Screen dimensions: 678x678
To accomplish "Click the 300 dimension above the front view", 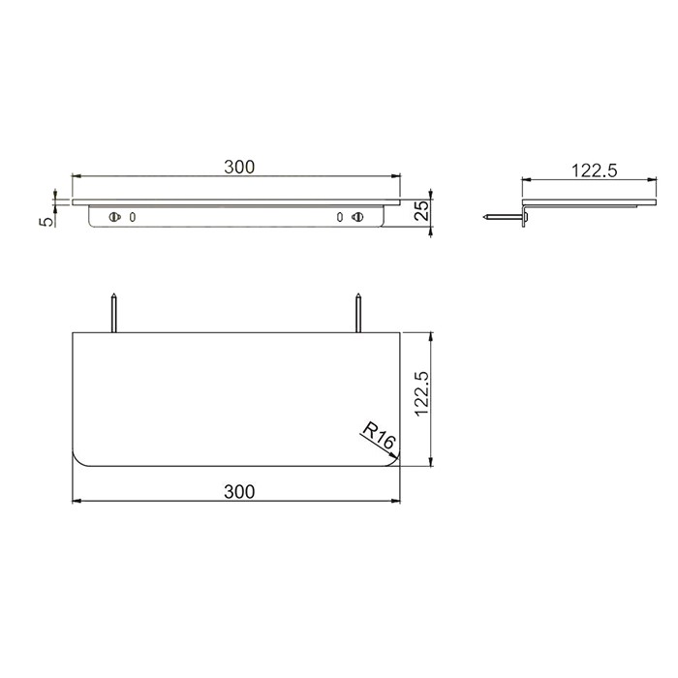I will (x=238, y=167).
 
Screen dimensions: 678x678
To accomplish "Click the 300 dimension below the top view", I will (x=238, y=491).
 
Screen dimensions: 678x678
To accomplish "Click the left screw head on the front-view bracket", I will (x=115, y=218).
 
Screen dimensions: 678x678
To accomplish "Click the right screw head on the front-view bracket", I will (x=358, y=218).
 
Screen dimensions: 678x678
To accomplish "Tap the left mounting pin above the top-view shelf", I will (x=115, y=313).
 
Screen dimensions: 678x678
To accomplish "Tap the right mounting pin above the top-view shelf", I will (x=358, y=313).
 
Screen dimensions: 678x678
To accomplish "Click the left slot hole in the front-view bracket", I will (x=132, y=218).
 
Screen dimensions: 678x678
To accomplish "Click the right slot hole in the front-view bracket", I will (x=341, y=218).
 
